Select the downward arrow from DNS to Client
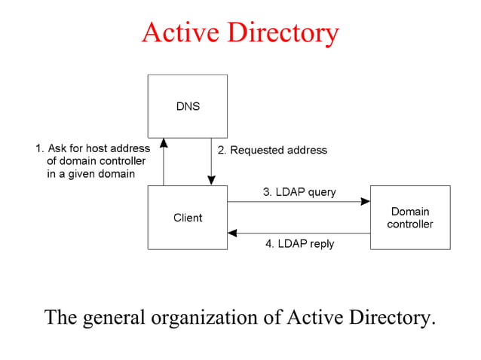click(211, 162)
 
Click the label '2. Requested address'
click(272, 150)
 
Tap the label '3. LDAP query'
click(299, 192)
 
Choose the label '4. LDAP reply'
click(299, 244)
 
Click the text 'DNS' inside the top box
click(188, 106)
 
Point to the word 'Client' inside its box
click(188, 218)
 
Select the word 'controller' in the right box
click(410, 224)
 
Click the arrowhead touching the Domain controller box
click(366, 201)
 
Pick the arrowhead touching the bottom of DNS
click(164, 143)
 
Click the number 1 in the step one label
click(38, 148)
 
